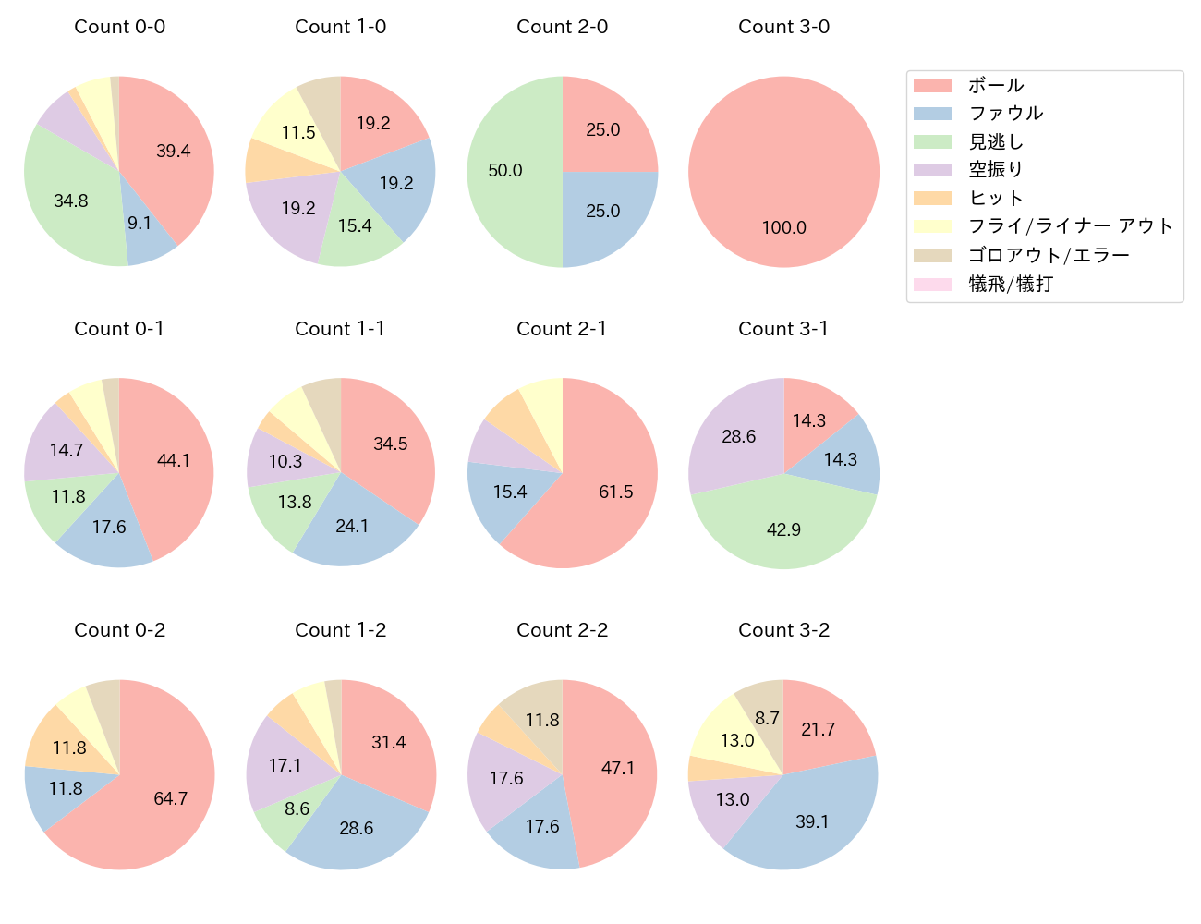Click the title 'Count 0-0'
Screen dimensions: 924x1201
click(x=119, y=27)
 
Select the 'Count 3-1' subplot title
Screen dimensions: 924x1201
click(x=783, y=329)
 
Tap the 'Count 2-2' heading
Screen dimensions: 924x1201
click(x=562, y=630)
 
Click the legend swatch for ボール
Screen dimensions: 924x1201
click(x=932, y=86)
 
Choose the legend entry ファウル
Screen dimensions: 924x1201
click(x=1005, y=114)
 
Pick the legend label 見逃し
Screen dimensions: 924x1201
click(x=996, y=142)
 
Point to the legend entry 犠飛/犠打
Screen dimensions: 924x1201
click(x=1010, y=284)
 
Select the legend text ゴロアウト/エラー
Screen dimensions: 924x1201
click(x=1049, y=255)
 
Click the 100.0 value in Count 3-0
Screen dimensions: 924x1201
click(x=783, y=227)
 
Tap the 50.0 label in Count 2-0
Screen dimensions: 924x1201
click(x=505, y=171)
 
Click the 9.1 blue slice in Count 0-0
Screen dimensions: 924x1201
click(x=140, y=224)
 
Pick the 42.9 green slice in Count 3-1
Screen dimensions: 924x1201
click(x=783, y=529)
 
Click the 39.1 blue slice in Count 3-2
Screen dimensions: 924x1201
click(x=812, y=821)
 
